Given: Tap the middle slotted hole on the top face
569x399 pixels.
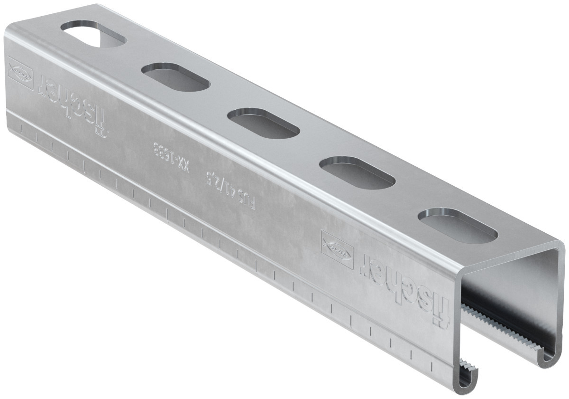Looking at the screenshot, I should (x=263, y=123).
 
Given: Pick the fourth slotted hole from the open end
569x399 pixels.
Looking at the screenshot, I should (x=175, y=76).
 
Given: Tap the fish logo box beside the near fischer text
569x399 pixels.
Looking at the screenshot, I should (x=337, y=249).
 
